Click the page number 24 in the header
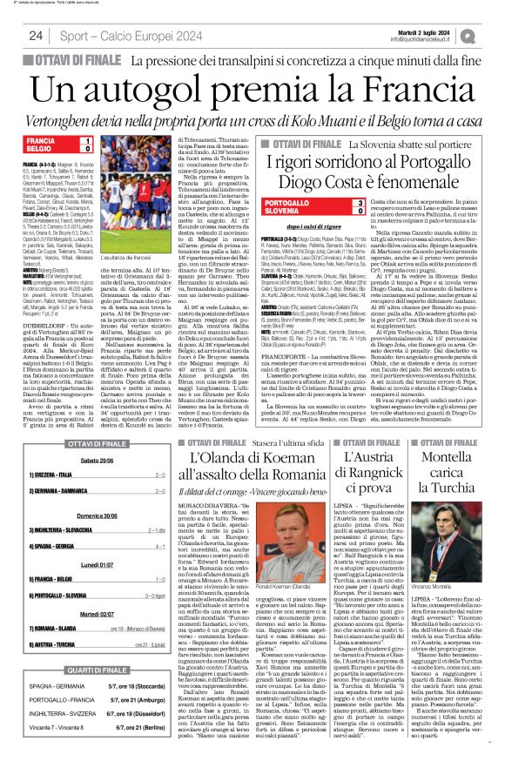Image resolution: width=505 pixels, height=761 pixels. point(36,36)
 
